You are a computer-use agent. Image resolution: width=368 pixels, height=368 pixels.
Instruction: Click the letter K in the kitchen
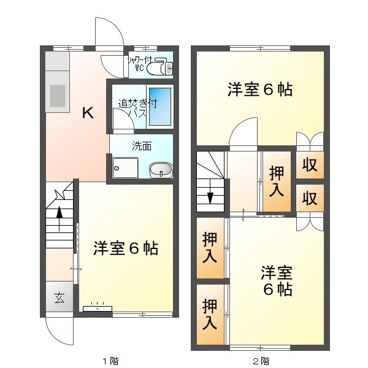tap(88, 112)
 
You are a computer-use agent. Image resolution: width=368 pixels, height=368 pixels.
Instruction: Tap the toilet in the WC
tap(164, 67)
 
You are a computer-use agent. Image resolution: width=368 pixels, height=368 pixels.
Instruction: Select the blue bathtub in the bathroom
tap(161, 106)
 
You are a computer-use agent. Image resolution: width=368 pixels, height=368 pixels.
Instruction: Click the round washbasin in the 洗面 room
tap(161, 169)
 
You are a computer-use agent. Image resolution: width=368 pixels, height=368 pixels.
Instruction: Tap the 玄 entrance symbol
tap(59, 299)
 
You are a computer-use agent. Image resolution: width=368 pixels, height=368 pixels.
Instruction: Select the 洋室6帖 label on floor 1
tap(126, 248)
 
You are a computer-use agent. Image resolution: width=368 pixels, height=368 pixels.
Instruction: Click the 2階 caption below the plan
tap(260, 360)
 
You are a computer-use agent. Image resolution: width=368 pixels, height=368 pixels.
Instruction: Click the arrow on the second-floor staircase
tap(210, 196)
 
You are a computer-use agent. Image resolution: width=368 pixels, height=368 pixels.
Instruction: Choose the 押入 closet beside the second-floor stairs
tap(277, 181)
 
